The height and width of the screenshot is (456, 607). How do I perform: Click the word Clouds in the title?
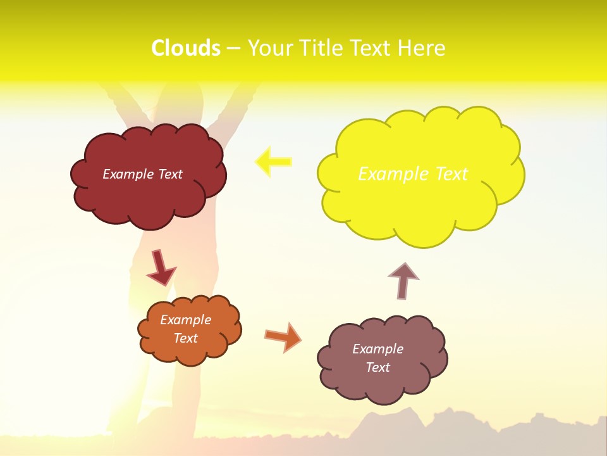click(186, 48)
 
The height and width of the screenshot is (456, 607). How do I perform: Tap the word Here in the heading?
click(422, 48)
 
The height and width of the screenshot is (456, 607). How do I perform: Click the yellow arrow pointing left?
click(273, 161)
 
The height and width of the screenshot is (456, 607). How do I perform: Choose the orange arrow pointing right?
click(283, 336)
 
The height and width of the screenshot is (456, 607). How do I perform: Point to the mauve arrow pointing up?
click(403, 281)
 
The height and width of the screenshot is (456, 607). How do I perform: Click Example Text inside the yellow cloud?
click(413, 174)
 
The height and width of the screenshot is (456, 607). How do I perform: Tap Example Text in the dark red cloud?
click(142, 174)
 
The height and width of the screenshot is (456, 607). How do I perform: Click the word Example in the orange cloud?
click(185, 320)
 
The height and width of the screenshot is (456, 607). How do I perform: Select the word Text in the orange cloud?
click(185, 338)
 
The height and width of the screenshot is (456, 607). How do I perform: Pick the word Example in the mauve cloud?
click(377, 349)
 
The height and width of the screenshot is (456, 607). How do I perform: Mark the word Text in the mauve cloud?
click(377, 367)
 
